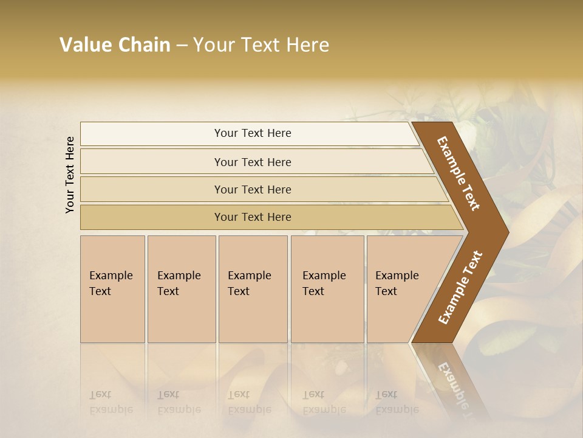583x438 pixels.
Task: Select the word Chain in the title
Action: [145, 45]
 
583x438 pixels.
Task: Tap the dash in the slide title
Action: [182, 46]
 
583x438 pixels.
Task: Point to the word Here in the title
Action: [307, 45]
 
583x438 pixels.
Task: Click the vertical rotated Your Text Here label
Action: [70, 175]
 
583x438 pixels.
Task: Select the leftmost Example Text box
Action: [112, 289]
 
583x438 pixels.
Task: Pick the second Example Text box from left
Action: [181, 289]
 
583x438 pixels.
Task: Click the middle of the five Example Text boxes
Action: [253, 289]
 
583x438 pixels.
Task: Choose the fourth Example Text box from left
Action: [327, 289]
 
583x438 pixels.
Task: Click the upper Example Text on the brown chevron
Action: [459, 173]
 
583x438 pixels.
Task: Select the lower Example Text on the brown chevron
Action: [460, 288]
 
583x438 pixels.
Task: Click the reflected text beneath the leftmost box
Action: [111, 402]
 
